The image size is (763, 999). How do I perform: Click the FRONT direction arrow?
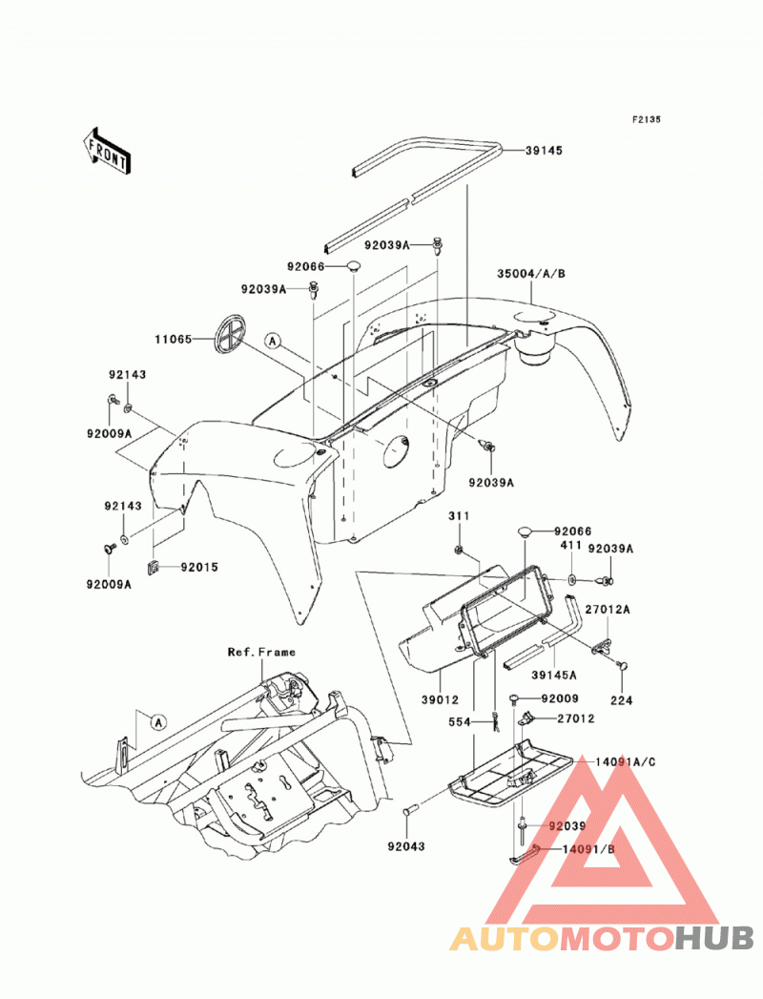[107, 151]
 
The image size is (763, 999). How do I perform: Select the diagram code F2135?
[647, 119]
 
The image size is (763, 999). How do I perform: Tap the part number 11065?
[174, 340]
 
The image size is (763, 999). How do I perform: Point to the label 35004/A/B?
[531, 274]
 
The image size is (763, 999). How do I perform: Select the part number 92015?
[199, 567]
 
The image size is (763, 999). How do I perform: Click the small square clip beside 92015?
[154, 567]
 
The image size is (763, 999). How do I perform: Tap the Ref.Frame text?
[261, 652]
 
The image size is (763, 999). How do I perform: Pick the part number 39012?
[440, 699]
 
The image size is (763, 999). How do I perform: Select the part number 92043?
[406, 846]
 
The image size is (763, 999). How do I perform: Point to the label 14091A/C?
[626, 762]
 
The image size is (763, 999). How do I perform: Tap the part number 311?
[459, 516]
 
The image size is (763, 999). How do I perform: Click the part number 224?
[622, 700]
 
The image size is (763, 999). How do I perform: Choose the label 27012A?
[608, 610]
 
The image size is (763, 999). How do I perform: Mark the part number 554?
[459, 722]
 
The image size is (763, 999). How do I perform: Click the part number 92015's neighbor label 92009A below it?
[109, 584]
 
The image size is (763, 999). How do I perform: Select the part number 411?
[570, 546]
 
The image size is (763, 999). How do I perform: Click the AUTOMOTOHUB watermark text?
[601, 938]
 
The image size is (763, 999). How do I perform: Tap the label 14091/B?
[588, 849]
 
